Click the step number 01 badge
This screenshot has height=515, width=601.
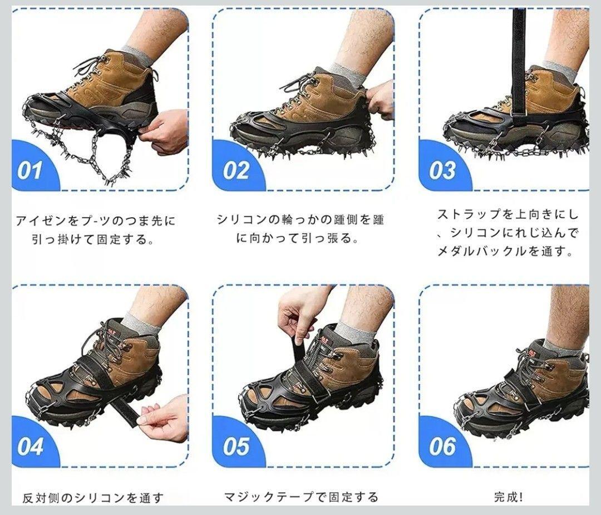click(x=31, y=168)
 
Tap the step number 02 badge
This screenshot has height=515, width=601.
click(x=237, y=168)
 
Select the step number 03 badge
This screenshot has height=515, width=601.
click(x=443, y=168)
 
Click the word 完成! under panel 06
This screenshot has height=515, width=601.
click(x=508, y=497)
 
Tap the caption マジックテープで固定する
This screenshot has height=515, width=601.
click(x=301, y=497)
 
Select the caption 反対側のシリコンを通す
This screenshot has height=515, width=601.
click(x=93, y=498)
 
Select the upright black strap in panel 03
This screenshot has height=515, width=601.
click(x=519, y=61)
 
